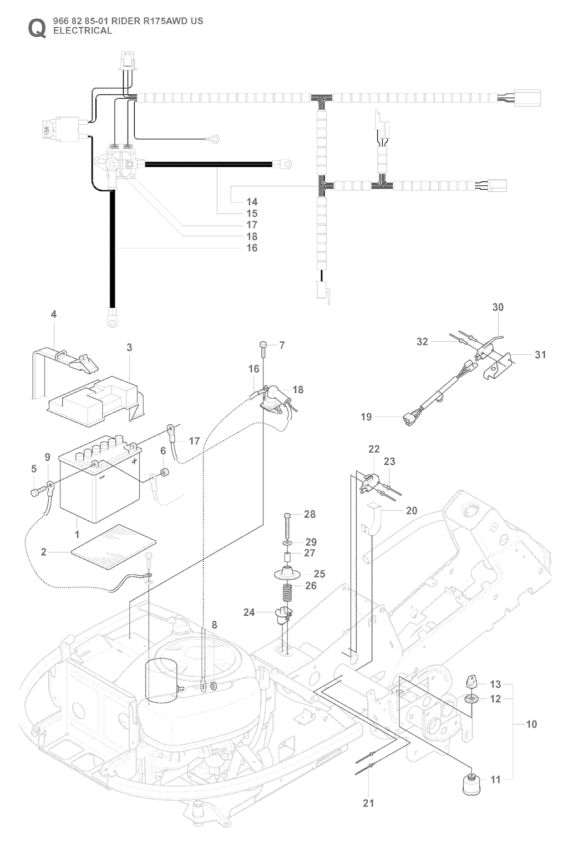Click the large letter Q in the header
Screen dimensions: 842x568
coord(37,28)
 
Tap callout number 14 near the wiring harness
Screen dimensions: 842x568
coord(252,202)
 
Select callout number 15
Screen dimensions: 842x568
coord(252,214)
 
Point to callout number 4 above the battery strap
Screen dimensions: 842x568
coord(54,315)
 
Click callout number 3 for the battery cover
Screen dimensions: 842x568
coord(129,348)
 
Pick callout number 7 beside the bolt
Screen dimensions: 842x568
coord(282,346)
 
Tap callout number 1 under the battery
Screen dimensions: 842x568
coord(77,535)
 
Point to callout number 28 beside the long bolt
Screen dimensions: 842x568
coord(309,515)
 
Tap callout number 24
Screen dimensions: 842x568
coord(249,612)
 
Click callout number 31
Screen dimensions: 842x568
coord(540,354)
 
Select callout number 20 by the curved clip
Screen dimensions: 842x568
coord(411,510)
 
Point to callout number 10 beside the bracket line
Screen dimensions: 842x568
coord(531,724)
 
